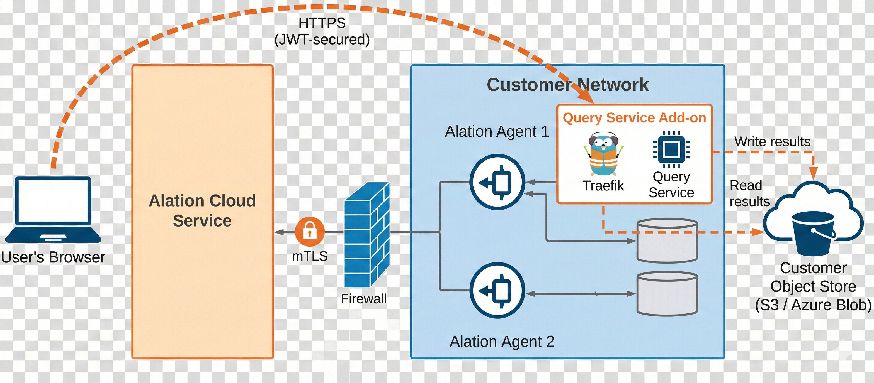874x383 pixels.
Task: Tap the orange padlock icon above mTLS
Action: [x=309, y=232]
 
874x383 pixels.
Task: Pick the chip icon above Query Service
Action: [x=671, y=149]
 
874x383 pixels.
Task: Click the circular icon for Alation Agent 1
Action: [x=497, y=182]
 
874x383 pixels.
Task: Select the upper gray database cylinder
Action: [x=667, y=241]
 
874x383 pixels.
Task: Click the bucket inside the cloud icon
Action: [x=813, y=234]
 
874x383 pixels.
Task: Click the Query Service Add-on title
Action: [x=634, y=118]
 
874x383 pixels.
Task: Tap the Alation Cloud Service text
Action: [x=202, y=210]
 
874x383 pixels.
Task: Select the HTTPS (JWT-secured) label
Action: [x=322, y=31]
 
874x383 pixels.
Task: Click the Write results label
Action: [x=772, y=141]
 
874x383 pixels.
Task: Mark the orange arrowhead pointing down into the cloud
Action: [x=813, y=173]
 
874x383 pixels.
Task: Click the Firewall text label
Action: [x=363, y=299]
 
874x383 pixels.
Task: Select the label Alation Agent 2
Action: [x=502, y=341]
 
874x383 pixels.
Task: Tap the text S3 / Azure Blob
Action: [x=813, y=305]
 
